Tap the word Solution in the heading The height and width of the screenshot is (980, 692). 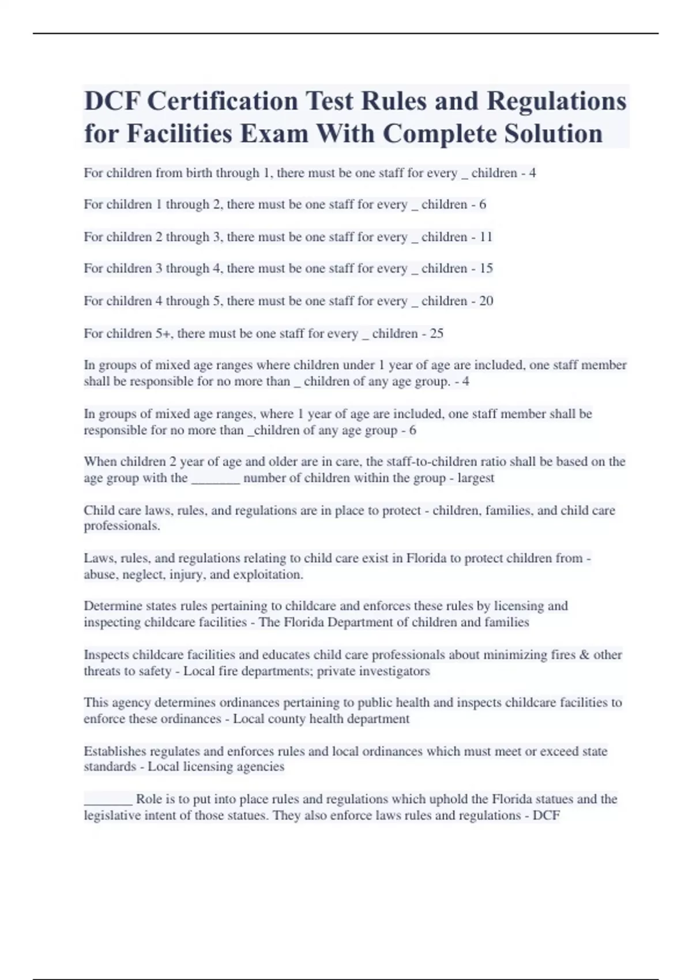pyautogui.click(x=553, y=134)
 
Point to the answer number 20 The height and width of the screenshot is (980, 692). pyautogui.click(x=486, y=301)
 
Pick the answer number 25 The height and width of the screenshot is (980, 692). pyautogui.click(x=437, y=334)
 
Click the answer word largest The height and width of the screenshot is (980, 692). pyautogui.click(x=476, y=478)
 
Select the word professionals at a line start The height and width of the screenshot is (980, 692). pyautogui.click(x=121, y=526)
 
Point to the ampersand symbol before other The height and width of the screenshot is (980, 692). pyautogui.click(x=584, y=655)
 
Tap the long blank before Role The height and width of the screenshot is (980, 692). pyautogui.click(x=108, y=800)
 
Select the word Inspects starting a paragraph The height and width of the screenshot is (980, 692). pyautogui.click(x=106, y=655)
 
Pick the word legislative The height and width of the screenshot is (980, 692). pyautogui.click(x=111, y=816)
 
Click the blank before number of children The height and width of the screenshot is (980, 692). pyautogui.click(x=215, y=479)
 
